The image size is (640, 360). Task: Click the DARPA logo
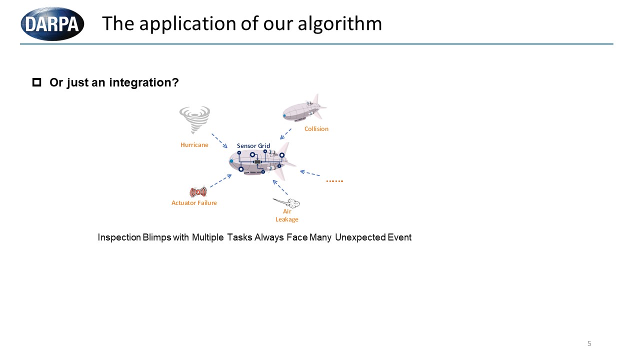(x=52, y=23)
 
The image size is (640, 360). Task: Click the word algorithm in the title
(x=339, y=24)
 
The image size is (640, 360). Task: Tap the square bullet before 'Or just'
(x=36, y=82)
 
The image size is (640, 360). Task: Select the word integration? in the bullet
(x=144, y=82)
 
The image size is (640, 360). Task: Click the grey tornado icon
(x=194, y=119)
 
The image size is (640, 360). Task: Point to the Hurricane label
(x=194, y=145)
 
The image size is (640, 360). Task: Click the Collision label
(x=316, y=129)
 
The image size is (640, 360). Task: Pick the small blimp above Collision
(x=304, y=108)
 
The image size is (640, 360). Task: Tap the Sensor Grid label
(x=253, y=145)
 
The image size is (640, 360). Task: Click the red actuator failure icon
(x=198, y=191)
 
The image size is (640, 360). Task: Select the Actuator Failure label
(x=194, y=203)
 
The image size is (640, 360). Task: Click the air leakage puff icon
(x=286, y=203)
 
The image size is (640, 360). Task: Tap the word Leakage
(x=287, y=219)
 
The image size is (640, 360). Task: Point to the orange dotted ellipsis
(x=334, y=181)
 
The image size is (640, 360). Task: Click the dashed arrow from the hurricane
(x=219, y=140)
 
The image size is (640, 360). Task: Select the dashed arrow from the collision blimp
(x=285, y=133)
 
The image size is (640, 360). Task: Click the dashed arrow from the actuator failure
(x=221, y=181)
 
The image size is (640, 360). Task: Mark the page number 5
(x=589, y=343)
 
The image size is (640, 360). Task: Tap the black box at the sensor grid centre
(x=257, y=162)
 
